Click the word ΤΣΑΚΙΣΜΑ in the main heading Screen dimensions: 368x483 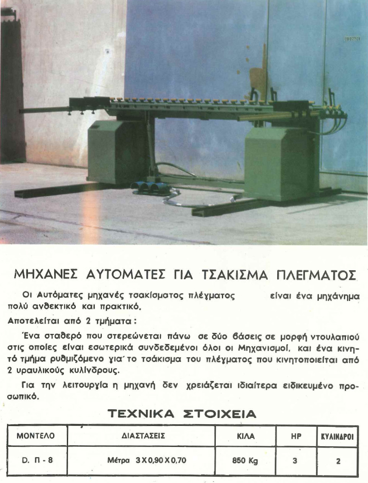coord(234,275)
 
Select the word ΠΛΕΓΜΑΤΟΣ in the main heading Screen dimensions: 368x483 coord(316,275)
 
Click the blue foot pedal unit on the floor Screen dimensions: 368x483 coord(151,188)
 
